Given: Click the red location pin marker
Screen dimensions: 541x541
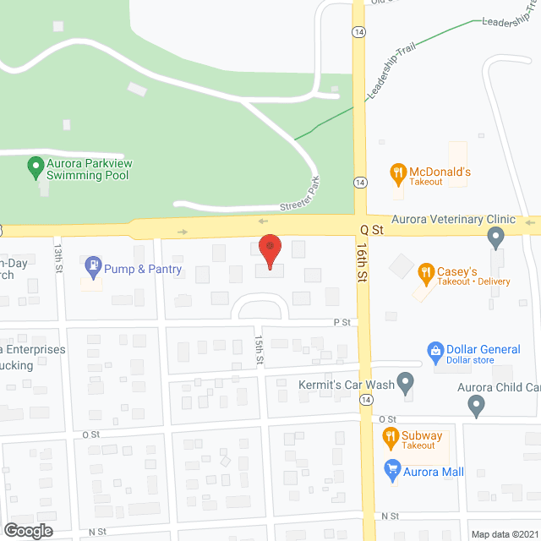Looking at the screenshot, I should [x=270, y=251].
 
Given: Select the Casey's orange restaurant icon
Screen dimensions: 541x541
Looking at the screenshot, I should [x=425, y=272].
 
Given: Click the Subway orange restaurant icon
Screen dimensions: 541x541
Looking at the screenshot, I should [x=391, y=438].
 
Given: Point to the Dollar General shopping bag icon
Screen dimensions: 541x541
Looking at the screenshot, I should [x=435, y=350].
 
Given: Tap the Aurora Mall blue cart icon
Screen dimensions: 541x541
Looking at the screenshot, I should [x=392, y=471].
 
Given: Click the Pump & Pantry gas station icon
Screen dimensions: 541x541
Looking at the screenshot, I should [x=93, y=268].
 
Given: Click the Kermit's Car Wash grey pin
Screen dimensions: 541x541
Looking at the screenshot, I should [x=406, y=385].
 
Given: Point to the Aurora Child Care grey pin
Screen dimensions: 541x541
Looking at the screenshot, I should [x=477, y=406].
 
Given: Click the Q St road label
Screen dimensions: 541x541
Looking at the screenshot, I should [x=372, y=228].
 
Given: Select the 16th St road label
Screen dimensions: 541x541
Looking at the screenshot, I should [x=362, y=265].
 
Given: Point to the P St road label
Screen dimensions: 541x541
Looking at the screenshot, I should [x=342, y=323].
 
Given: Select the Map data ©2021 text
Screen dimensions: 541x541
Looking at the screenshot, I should [x=504, y=534].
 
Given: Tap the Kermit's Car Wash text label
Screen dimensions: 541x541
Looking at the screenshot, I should [x=347, y=385].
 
